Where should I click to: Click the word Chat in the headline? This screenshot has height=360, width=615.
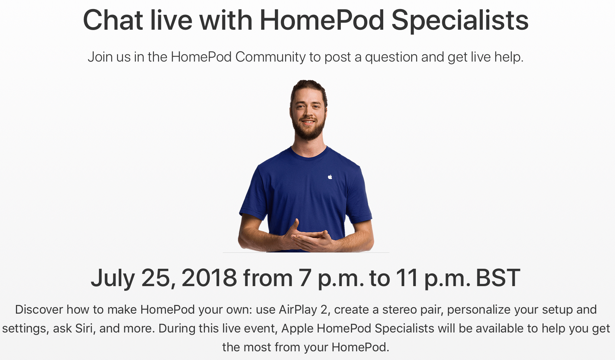click(x=113, y=20)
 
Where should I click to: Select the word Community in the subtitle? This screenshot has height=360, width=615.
click(x=270, y=57)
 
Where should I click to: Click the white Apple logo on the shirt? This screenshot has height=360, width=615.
click(x=330, y=177)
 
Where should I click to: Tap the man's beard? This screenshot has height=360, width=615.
click(x=309, y=129)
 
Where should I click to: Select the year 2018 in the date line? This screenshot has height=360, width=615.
click(x=209, y=278)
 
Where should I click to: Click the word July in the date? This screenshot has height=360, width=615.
click(x=113, y=279)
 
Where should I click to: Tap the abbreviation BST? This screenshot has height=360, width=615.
click(x=498, y=278)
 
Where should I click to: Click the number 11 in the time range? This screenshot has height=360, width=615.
click(x=407, y=278)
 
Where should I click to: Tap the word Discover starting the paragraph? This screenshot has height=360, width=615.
click(x=39, y=310)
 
